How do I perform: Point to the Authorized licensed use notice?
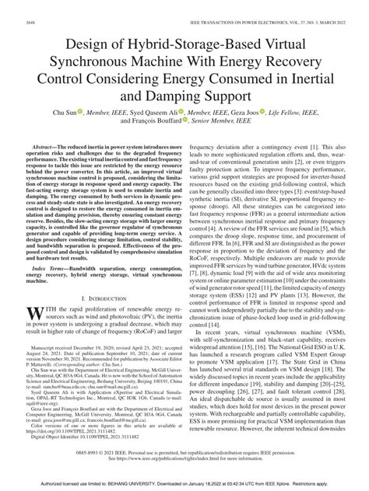184,484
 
